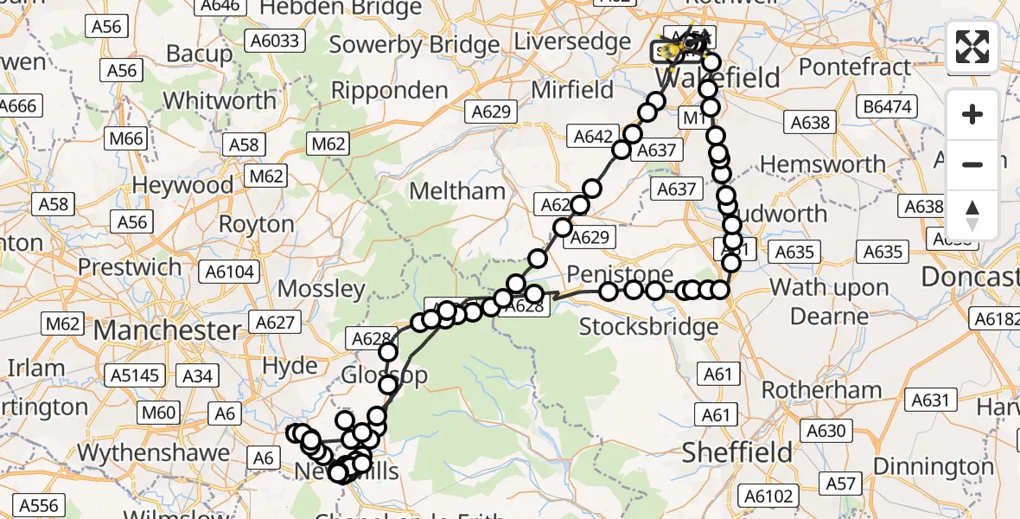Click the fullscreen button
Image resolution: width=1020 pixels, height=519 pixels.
(x=972, y=46)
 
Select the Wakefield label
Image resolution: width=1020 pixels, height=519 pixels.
(x=707, y=78)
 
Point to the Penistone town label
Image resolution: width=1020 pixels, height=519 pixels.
(x=620, y=275)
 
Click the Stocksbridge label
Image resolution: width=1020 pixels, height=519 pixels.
(x=648, y=326)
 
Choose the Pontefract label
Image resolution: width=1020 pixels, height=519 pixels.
(x=856, y=66)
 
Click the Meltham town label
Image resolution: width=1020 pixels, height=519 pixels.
(x=457, y=190)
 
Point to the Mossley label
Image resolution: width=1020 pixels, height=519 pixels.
(x=322, y=288)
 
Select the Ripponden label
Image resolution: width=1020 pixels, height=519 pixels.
(x=390, y=90)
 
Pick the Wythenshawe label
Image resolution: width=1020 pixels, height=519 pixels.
(x=154, y=452)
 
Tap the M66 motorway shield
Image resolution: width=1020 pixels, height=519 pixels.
(x=127, y=138)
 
